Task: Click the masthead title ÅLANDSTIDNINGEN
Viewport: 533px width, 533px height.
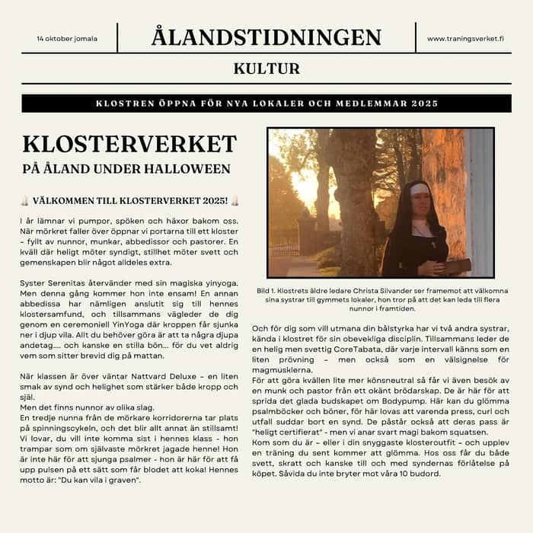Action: [266, 37]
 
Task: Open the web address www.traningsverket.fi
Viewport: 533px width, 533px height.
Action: [465, 38]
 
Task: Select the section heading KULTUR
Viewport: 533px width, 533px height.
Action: [266, 69]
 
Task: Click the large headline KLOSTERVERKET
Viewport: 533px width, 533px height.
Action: [129, 144]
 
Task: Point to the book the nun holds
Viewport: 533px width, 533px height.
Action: [453, 266]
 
